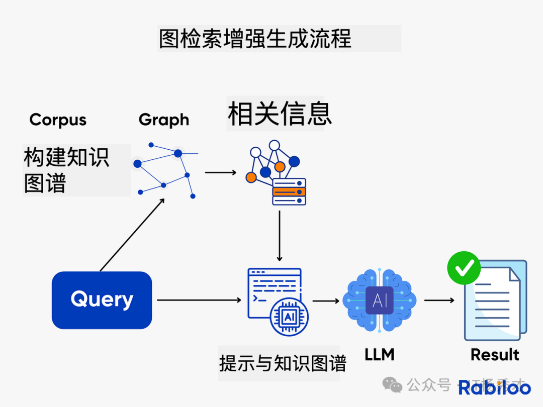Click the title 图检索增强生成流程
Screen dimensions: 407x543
tap(255, 39)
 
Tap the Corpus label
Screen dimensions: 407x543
tap(58, 120)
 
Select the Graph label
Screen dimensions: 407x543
tap(164, 120)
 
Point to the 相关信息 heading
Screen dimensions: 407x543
tap(280, 114)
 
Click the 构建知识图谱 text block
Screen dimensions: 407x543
tap(66, 170)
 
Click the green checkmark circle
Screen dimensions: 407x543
tap(464, 268)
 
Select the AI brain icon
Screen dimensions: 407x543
tap(380, 300)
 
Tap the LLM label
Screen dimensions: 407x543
tap(380, 355)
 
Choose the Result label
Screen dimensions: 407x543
tap(495, 355)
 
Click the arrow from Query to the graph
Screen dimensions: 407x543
tap(132, 234)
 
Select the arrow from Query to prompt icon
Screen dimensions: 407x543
tap(199, 300)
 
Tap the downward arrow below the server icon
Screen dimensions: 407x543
tap(280, 235)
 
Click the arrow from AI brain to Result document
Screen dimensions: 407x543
tap(439, 300)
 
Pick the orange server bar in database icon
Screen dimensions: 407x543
tap(289, 191)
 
